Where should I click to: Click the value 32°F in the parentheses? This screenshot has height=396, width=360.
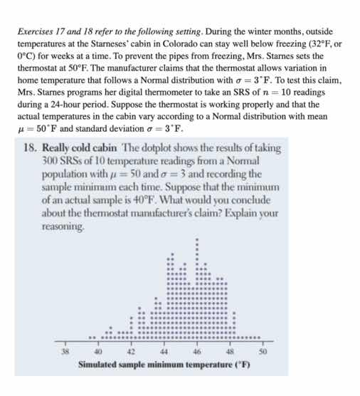tap(326, 43)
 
